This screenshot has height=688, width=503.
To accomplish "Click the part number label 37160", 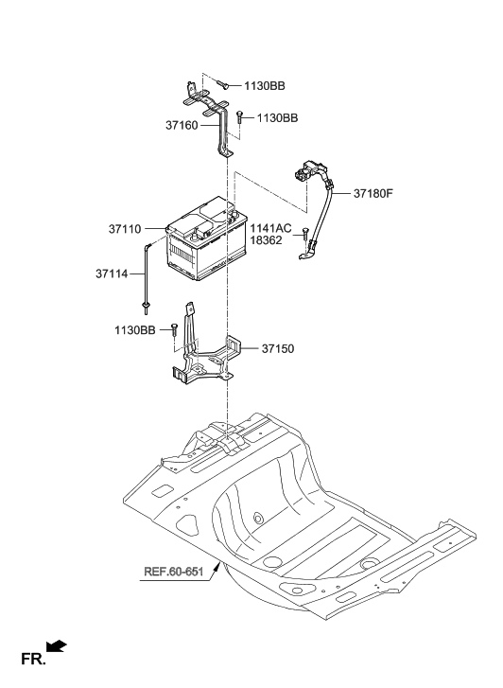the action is [182, 125].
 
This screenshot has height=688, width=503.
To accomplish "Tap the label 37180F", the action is [373, 193].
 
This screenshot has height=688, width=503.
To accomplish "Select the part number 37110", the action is [125, 229].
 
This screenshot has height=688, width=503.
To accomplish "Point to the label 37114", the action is [112, 273].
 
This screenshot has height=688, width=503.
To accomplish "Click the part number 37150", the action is [278, 349].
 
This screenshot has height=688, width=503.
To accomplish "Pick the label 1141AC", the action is [270, 228].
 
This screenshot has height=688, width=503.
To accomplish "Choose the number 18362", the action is [267, 240].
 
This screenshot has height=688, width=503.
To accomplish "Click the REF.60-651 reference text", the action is [174, 572].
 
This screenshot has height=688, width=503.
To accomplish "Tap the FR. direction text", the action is [33, 659].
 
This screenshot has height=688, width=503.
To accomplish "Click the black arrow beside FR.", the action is [57, 646].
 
